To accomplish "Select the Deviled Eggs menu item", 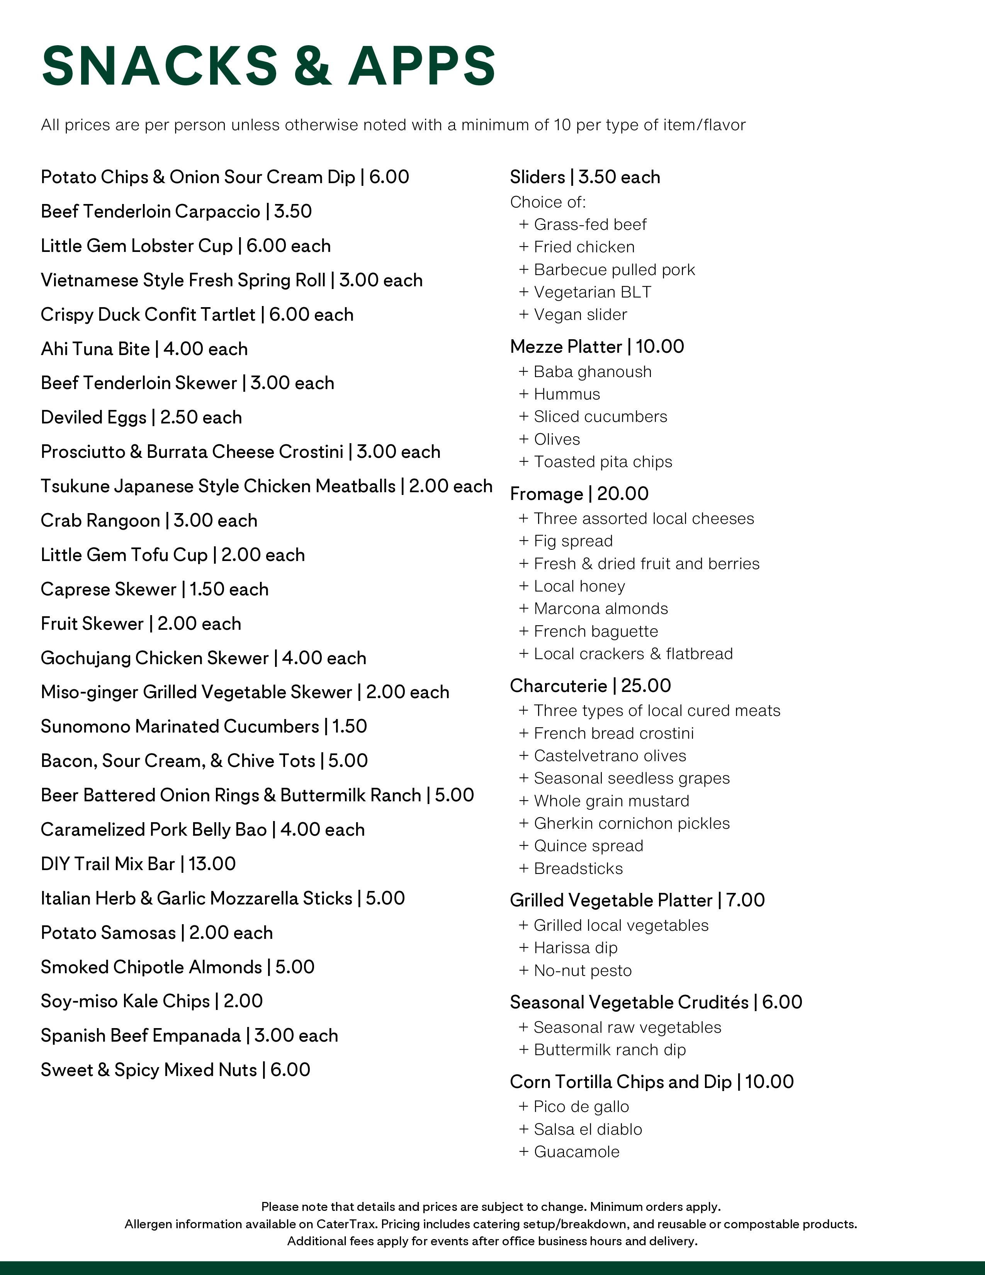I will click(x=93, y=417).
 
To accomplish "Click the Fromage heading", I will click(x=546, y=494).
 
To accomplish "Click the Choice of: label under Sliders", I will click(x=547, y=202).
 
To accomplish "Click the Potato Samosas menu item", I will click(x=108, y=933).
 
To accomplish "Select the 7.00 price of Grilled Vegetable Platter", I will click(x=745, y=900).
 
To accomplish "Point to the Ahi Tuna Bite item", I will click(x=95, y=349).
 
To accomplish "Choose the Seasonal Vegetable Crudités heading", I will click(x=628, y=1002).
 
